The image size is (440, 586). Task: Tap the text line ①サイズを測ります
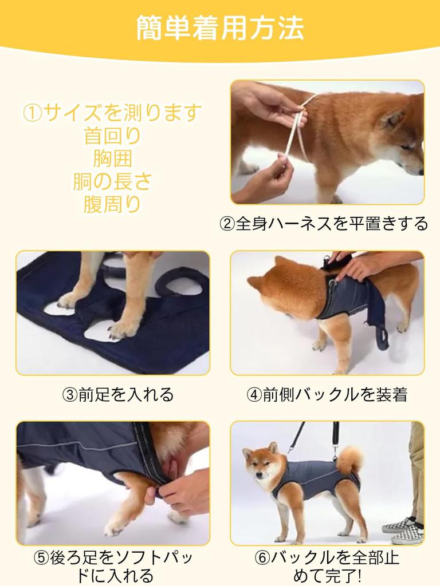click(x=112, y=112)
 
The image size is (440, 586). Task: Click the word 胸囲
click(x=112, y=158)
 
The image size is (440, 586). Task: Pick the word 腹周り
click(x=112, y=204)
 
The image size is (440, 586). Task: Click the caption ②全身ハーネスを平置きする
click(x=324, y=223)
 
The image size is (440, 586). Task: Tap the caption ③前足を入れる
click(x=117, y=394)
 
